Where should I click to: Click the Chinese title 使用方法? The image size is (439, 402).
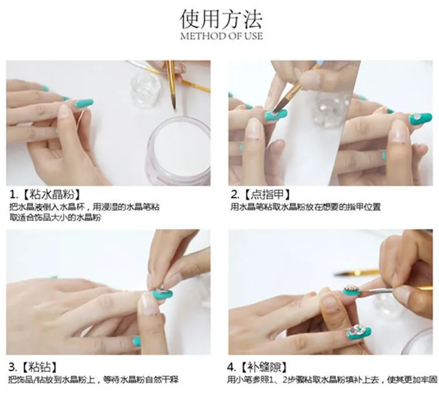click(x=221, y=19)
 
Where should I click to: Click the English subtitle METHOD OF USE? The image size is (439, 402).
click(x=221, y=36)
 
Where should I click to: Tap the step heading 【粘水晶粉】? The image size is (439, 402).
click(x=52, y=194)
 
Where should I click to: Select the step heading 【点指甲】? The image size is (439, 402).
click(x=267, y=194)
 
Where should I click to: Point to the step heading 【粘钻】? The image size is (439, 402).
click(x=40, y=366)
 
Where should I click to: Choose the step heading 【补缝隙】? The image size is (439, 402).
click(x=265, y=366)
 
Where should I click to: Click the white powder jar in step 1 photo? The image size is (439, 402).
click(x=178, y=149)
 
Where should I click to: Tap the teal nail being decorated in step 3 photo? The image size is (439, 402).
click(x=162, y=294)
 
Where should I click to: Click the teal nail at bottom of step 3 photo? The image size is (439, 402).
click(x=136, y=341)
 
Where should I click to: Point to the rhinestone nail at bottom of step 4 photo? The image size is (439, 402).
click(x=359, y=332)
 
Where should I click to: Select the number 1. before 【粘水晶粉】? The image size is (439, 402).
click(x=14, y=194)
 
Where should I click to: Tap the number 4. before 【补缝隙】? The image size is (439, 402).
click(x=232, y=367)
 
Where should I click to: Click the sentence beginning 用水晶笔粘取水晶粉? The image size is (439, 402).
click(x=305, y=207)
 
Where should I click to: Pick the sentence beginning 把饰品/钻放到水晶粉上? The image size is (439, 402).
click(x=93, y=380)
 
